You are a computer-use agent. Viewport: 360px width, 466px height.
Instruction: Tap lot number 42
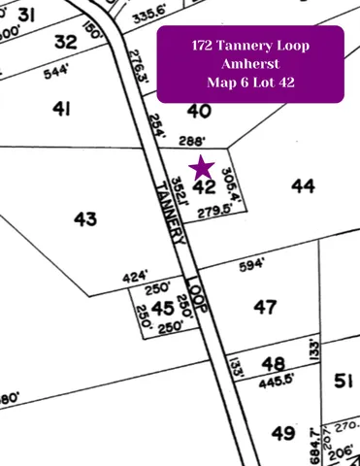[204, 186]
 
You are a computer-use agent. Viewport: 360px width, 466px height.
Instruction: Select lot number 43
[85, 218]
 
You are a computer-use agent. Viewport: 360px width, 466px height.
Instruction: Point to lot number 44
[303, 184]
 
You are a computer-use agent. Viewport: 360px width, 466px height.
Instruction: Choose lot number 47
[265, 307]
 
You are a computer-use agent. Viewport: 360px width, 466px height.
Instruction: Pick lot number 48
[275, 364]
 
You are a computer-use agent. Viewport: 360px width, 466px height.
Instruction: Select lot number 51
[342, 381]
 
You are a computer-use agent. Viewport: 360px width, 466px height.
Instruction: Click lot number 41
[61, 109]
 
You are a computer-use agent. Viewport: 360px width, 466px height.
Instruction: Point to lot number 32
[65, 42]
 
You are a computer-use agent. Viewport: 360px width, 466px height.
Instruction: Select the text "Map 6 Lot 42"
[250, 83]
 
